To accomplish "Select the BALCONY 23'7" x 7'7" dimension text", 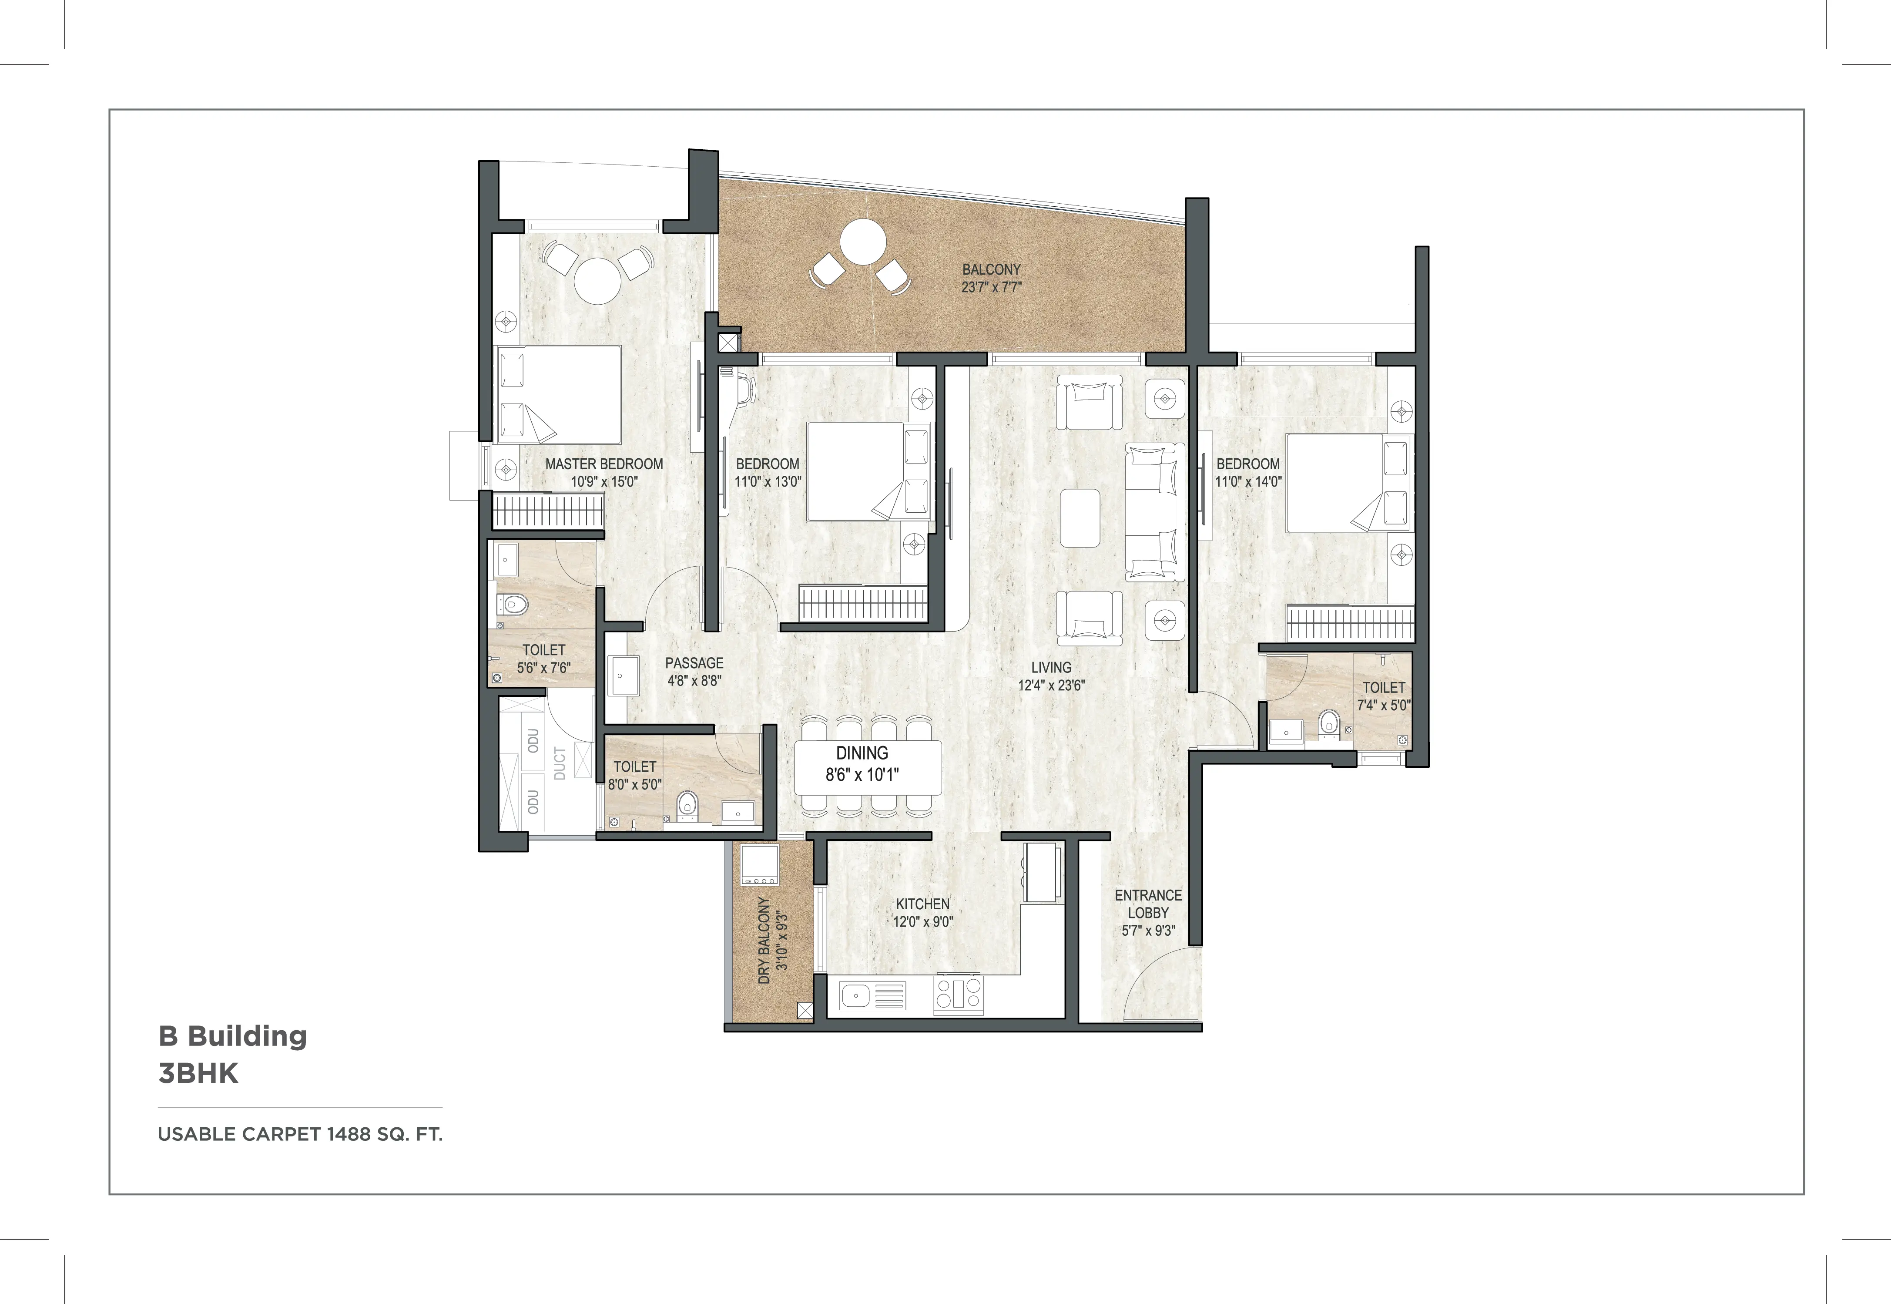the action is pyautogui.click(x=992, y=287).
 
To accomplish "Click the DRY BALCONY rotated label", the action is pyautogui.click(x=764, y=940).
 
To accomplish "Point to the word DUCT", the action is pyautogui.click(x=560, y=763).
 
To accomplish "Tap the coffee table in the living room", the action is pyautogui.click(x=1080, y=517).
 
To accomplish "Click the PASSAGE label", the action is pyautogui.click(x=694, y=662).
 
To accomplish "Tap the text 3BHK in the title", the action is pyautogui.click(x=198, y=1073).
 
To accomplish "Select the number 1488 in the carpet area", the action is pyautogui.click(x=349, y=1134).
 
